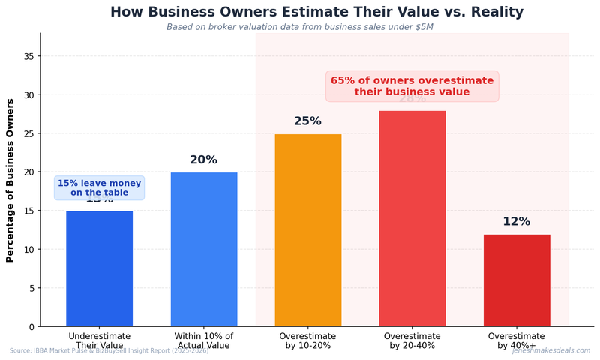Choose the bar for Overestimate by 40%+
click(516, 280)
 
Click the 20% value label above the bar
click(203, 160)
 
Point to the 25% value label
click(307, 121)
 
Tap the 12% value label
click(516, 222)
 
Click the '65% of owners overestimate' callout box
click(412, 86)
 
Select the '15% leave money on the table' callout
click(99, 188)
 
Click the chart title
click(316, 12)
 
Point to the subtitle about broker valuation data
click(299, 27)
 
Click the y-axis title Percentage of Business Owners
click(10, 180)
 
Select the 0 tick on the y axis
click(31, 326)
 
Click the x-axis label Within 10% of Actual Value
click(203, 340)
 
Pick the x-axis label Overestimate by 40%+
click(516, 340)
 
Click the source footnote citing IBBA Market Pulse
click(109, 351)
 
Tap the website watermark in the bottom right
click(550, 350)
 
